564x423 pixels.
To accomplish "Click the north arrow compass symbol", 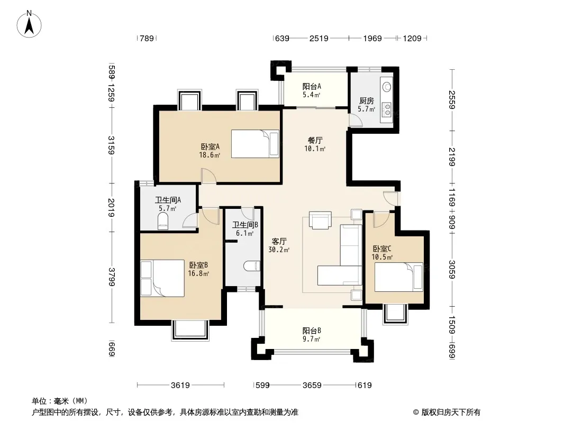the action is [29, 24].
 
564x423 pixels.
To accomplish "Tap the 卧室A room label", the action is [210, 146].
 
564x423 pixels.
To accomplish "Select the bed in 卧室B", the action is [162, 278].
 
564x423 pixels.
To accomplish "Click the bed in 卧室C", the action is [398, 277].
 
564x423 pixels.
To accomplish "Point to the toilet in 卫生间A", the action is [163, 220].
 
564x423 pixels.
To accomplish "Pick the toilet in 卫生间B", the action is [252, 266].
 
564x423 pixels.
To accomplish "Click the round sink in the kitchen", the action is [387, 87].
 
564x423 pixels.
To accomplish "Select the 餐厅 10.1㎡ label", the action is [315, 144].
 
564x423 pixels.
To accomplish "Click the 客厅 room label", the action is [279, 241].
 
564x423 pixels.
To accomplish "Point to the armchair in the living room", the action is [320, 220].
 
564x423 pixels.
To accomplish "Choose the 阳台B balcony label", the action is [312, 330].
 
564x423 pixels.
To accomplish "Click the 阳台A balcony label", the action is [312, 86].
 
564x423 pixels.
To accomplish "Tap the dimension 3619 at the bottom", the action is [180, 385].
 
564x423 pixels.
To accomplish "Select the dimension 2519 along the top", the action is [319, 38].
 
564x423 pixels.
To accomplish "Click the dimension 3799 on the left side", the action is [112, 277].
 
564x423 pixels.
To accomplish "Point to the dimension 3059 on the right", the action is [452, 270].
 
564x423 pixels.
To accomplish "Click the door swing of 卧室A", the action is [208, 177].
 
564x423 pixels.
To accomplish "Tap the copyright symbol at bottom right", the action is [416, 412].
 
